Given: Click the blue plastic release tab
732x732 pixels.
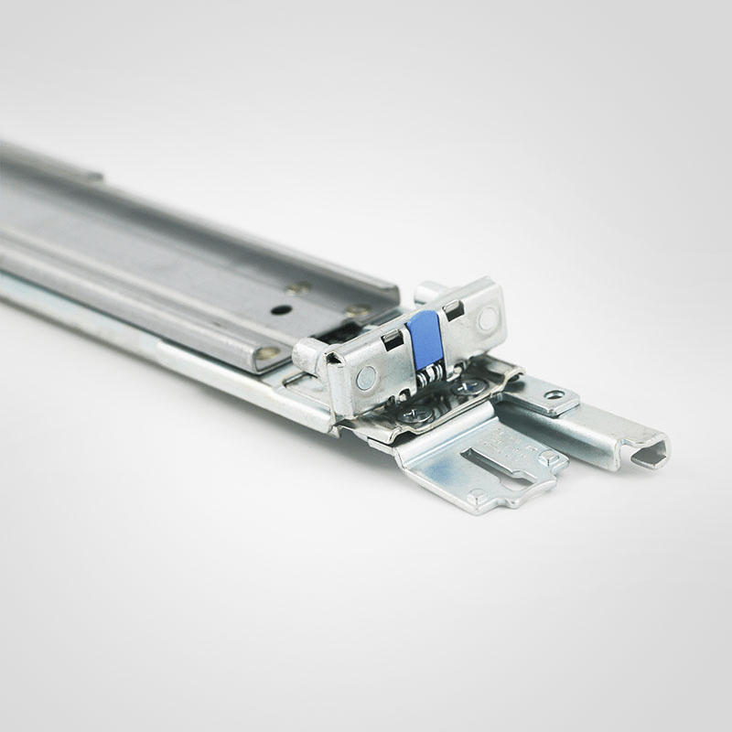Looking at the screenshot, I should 426,339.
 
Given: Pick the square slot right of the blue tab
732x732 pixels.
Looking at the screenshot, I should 454,310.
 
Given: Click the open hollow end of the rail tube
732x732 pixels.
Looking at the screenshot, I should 651,454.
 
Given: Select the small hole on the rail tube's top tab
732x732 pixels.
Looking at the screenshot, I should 554,394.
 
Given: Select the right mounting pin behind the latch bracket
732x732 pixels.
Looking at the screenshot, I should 426,292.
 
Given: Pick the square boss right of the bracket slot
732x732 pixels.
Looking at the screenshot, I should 548,457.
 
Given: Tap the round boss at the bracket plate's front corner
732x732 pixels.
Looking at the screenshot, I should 478,496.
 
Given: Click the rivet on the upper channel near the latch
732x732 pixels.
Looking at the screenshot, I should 358,310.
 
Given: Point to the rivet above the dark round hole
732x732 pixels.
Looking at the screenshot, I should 297,287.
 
